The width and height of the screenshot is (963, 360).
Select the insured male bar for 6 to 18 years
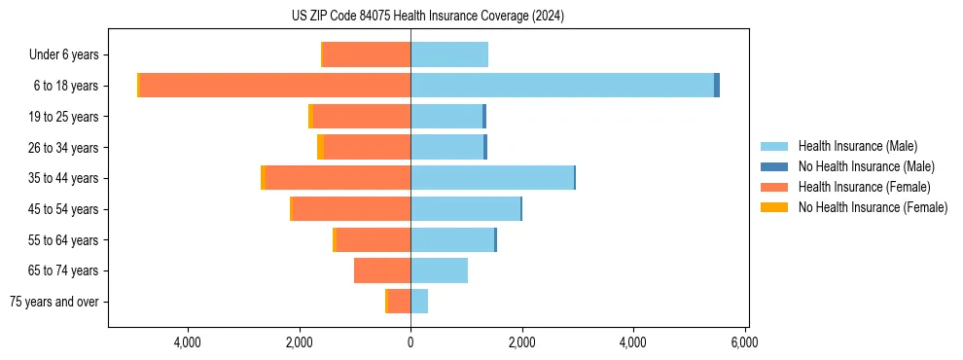coord(562,86)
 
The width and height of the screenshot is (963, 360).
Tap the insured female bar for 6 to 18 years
coord(275,86)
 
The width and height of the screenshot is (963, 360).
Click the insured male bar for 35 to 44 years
coord(492,178)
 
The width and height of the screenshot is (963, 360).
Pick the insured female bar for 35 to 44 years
coord(338,178)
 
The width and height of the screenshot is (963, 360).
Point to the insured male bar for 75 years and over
coord(419,302)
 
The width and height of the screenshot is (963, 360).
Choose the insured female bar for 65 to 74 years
coord(382,270)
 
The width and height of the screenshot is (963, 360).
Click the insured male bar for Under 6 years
coord(449,54)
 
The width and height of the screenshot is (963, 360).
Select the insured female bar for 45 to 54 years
coord(351,209)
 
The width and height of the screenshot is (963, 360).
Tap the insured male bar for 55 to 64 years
coord(452,239)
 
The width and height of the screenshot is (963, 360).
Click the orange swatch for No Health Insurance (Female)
coord(774,207)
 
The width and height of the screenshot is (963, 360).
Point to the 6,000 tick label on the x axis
coord(745,342)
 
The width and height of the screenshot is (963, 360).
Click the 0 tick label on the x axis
coord(410,342)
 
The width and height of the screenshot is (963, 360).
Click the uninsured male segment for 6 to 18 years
coord(717,86)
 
